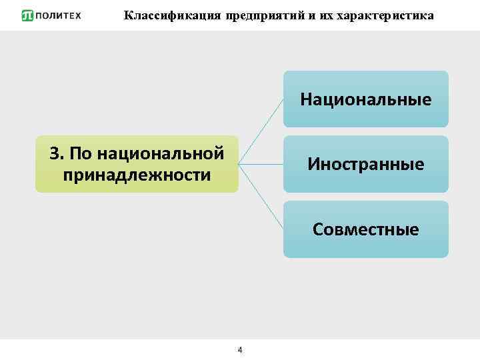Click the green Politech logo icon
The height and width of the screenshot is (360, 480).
[x=27, y=15]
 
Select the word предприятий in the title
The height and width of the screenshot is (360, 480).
[x=263, y=15]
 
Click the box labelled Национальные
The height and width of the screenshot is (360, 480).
[x=365, y=99]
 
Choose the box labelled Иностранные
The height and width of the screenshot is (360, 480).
[x=365, y=164]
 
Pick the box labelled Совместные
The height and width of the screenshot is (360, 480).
[x=365, y=229]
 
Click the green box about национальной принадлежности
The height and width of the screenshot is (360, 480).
[x=137, y=164]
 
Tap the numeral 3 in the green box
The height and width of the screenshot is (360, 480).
[x=54, y=153]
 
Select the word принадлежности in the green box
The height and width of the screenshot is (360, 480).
[x=137, y=175]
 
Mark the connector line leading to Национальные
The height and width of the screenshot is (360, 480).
[x=261, y=131]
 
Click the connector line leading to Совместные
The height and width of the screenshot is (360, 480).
[x=261, y=197]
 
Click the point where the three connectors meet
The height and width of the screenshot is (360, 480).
[x=239, y=163]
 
